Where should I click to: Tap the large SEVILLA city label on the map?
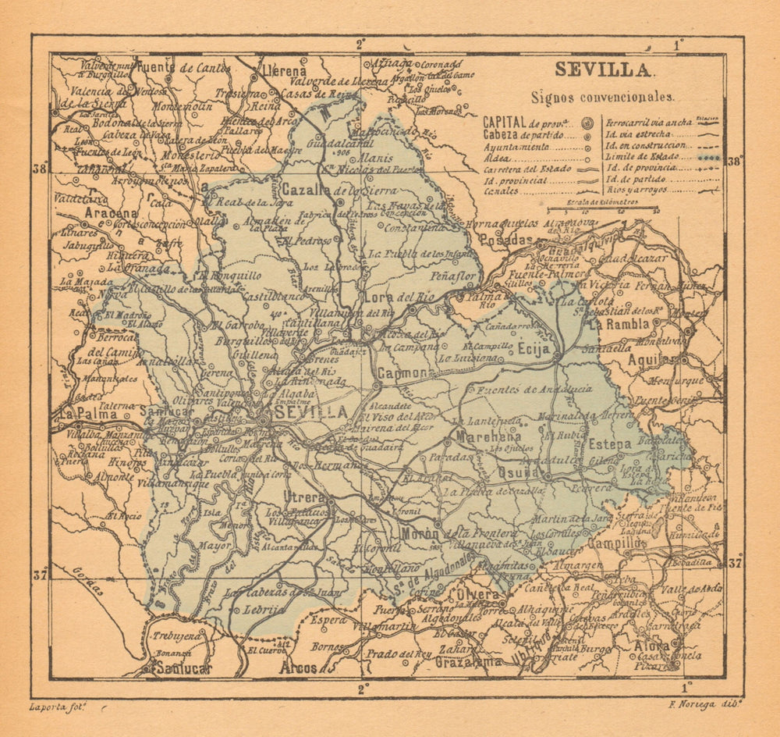[312, 411]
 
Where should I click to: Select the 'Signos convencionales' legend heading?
[602, 98]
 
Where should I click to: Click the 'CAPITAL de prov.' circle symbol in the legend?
[587, 123]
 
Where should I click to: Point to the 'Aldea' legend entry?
[499, 157]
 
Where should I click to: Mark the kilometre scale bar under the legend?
[601, 208]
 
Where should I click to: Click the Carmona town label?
[402, 374]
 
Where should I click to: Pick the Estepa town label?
[610, 443]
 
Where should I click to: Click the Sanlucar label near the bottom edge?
[182, 668]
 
